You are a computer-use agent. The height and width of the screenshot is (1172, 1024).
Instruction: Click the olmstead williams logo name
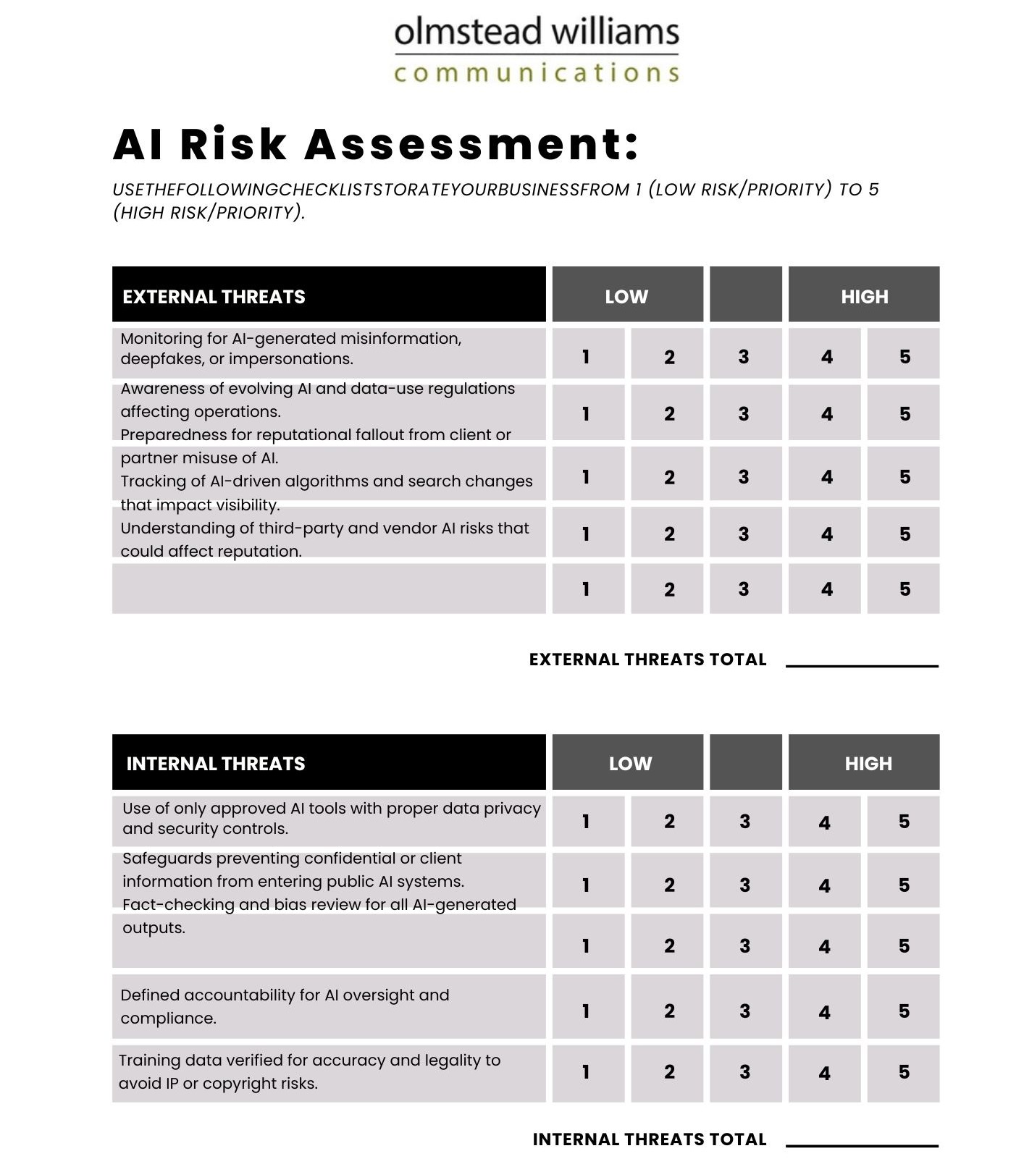[537, 33]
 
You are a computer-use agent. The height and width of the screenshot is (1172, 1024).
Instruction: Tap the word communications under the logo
[537, 73]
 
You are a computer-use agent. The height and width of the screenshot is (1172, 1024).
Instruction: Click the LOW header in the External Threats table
[627, 296]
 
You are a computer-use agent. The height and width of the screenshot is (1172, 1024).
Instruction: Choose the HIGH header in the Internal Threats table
[868, 764]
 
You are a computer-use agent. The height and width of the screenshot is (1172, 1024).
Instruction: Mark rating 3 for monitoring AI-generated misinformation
[744, 356]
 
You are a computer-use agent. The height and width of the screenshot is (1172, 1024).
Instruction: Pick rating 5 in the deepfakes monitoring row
[905, 356]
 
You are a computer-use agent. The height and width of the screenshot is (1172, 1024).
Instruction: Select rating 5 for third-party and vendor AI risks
[905, 534]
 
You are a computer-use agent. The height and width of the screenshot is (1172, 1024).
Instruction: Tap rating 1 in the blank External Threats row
[586, 589]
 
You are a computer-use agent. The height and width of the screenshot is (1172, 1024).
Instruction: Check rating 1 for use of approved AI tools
[586, 822]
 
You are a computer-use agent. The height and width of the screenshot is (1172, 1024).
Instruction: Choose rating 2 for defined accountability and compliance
[669, 1011]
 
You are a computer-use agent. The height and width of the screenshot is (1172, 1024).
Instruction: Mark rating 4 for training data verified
[824, 1073]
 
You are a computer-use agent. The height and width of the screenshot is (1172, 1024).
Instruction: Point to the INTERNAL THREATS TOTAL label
[649, 1139]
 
